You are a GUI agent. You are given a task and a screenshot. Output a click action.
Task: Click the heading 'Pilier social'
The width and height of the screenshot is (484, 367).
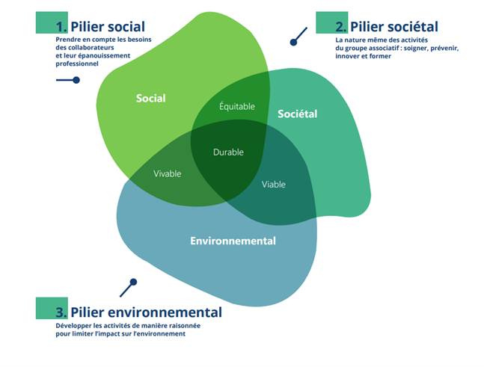pos(108,27)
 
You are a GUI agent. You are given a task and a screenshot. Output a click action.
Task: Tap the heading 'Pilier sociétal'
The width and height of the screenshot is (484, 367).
pos(393,27)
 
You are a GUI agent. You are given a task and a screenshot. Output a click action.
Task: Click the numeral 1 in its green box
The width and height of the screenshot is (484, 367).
pos(61,27)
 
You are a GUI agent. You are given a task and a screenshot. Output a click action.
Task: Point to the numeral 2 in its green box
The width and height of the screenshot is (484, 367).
pos(341,27)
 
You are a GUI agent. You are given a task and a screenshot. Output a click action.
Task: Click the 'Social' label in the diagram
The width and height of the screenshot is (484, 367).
pos(150,98)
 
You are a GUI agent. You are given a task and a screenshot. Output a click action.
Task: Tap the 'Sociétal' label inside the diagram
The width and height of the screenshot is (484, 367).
pos(297,114)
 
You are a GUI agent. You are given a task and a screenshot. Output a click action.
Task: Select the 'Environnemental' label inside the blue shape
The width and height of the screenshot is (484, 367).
pos(233,241)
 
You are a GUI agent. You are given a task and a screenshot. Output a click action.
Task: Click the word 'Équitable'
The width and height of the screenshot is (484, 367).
pos(236,106)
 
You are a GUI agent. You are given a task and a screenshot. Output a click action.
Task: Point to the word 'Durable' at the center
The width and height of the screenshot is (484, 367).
pos(228,152)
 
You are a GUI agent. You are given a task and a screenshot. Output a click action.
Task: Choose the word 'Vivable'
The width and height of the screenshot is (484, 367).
pos(168,173)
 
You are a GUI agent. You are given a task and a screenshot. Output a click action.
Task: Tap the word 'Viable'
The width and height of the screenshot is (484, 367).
pos(273,184)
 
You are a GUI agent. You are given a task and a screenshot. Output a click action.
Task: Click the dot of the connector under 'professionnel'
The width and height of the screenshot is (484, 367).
pos(76,80)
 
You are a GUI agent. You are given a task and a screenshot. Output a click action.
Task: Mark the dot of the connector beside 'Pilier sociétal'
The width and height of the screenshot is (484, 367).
pos(293,42)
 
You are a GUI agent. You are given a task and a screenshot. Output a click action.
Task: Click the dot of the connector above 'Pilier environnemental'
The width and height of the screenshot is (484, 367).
pos(133,283)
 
